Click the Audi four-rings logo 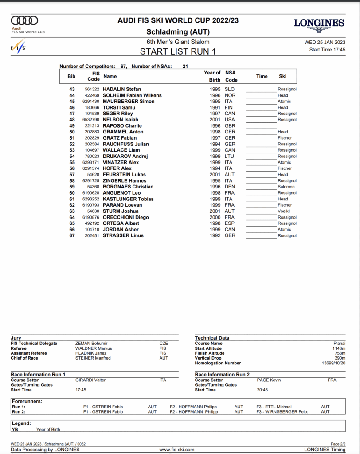(x=24, y=20)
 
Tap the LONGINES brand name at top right (x=319, y=23)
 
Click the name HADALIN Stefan (x=122, y=89)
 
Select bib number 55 (x=72, y=162)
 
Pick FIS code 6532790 (x=91, y=120)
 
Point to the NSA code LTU (x=230, y=156)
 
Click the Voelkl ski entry (x=284, y=211)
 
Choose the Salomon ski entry (x=286, y=187)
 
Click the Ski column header (x=282, y=76)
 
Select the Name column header (x=110, y=76)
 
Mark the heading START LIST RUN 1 (x=178, y=51)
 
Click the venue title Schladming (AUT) (x=178, y=32)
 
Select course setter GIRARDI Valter (x=90, y=380)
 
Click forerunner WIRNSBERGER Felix (x=288, y=412)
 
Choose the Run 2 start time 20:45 (x=263, y=390)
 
